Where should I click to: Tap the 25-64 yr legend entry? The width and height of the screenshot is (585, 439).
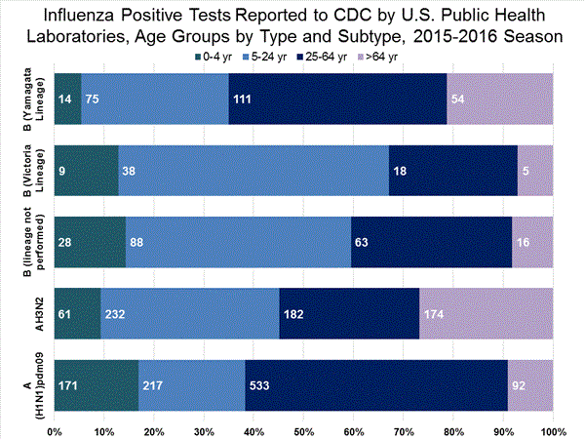click(x=329, y=57)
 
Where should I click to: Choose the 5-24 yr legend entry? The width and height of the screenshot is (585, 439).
click(x=272, y=57)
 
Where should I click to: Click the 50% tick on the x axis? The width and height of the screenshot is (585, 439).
click(x=303, y=429)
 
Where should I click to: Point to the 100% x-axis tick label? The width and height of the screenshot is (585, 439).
click(x=552, y=429)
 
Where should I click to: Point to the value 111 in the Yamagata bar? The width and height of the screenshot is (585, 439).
click(x=244, y=99)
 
